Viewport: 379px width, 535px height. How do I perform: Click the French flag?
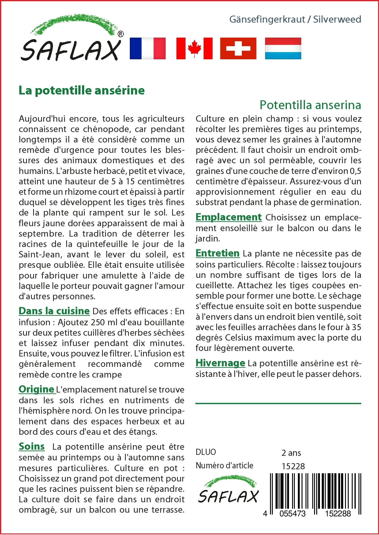tap(148, 48)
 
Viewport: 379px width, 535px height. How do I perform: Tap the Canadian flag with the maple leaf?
tap(194, 48)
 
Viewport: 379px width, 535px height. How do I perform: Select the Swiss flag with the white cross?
tap(238, 48)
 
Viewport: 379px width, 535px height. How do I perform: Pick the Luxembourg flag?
tap(283, 48)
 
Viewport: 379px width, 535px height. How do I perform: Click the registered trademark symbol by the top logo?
tap(121, 34)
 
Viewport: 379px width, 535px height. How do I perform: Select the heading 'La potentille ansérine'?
tap(81, 90)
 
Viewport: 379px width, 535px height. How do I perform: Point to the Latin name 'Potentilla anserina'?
tap(310, 105)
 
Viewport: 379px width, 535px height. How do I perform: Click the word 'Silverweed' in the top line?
tap(337, 19)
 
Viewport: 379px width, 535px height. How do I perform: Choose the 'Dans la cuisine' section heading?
tap(54, 311)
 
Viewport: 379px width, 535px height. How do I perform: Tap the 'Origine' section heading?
tap(36, 389)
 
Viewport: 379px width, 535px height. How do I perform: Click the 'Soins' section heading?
tap(32, 446)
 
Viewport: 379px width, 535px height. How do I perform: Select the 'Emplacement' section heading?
tap(228, 217)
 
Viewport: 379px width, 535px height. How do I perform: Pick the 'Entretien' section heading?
tap(217, 253)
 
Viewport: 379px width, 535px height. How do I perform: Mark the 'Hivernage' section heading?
tap(220, 363)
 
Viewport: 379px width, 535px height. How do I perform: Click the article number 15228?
tap(293, 466)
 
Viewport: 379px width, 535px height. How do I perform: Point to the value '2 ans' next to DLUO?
tap(291, 453)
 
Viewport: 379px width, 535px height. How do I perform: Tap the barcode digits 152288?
tap(338, 514)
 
